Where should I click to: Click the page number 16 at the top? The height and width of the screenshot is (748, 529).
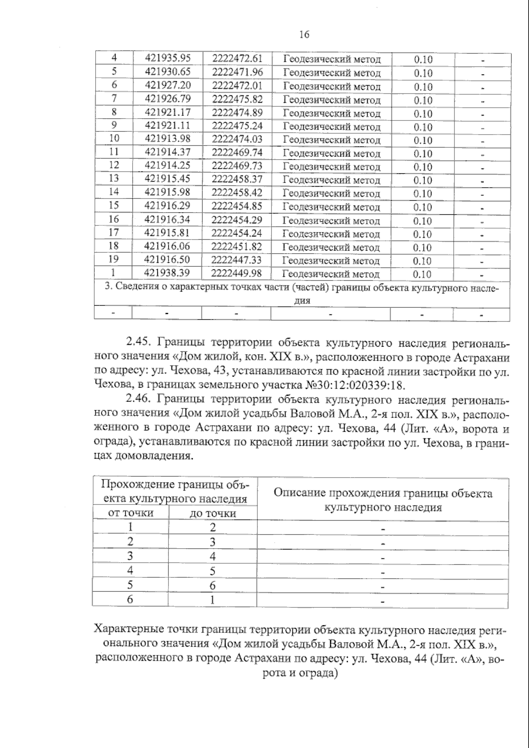(x=304, y=34)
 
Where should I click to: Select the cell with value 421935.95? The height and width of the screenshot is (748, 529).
(x=168, y=58)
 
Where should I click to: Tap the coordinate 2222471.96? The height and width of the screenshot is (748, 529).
(x=237, y=72)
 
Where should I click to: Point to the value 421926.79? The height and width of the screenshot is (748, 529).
(x=168, y=98)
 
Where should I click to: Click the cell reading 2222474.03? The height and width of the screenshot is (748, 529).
(x=237, y=139)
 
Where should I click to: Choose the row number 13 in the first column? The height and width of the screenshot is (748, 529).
(x=114, y=178)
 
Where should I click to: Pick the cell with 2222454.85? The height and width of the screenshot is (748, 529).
(x=237, y=206)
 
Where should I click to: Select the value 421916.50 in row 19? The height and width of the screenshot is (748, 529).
(x=168, y=259)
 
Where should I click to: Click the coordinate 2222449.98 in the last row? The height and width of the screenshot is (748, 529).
(x=237, y=273)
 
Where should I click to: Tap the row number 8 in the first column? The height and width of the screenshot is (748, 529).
(x=114, y=112)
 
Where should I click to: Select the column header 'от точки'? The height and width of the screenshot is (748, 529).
(x=131, y=512)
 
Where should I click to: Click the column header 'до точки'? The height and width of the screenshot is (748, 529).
(x=212, y=513)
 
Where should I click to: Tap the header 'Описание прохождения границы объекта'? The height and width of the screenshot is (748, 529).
(x=383, y=493)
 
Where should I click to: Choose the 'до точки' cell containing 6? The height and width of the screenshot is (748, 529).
(x=212, y=585)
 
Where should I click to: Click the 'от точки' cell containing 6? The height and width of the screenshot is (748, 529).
(x=130, y=599)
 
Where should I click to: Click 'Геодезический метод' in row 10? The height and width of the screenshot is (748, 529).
(x=331, y=140)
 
